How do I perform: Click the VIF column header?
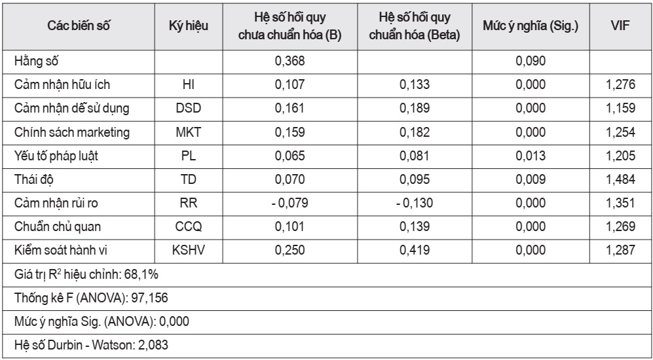point(620,27)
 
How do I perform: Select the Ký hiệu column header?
point(189,27)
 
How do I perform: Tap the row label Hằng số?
point(37,62)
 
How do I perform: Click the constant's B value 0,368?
point(290,62)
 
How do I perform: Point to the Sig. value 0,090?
point(531,62)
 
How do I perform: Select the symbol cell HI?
point(189,85)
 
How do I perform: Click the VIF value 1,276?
point(620,85)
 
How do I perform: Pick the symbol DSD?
point(189,109)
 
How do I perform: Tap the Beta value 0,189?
point(415,109)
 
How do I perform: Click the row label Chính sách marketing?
point(72,132)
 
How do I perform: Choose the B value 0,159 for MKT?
point(290,132)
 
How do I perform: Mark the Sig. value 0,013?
point(531,156)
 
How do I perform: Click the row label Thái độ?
point(34,179)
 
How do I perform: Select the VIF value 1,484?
point(620,179)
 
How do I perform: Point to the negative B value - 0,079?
point(289,203)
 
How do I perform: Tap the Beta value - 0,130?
point(415,203)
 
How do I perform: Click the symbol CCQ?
point(189,227)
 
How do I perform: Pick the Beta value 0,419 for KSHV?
point(415,250)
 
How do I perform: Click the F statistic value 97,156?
point(149,298)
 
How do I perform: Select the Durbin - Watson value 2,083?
point(153,345)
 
